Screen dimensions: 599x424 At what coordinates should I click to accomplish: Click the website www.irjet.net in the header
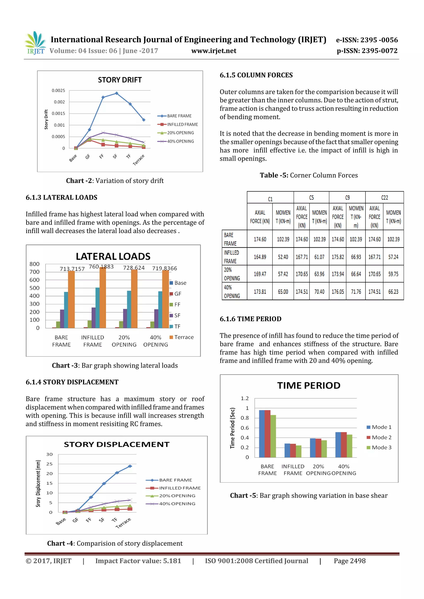coord(214,51)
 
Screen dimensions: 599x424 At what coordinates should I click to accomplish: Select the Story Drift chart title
coord(120,80)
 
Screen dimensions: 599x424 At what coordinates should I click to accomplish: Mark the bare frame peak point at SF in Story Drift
coord(117,93)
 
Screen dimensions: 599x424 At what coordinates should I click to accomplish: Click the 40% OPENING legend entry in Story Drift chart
coord(180,141)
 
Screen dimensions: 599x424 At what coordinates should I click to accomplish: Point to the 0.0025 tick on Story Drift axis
coord(58,91)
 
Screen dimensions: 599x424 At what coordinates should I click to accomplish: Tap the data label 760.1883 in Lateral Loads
coord(101,267)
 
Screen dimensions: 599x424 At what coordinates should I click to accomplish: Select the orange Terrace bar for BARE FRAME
coord(71,299)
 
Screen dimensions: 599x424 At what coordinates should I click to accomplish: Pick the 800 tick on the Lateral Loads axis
coord(35,264)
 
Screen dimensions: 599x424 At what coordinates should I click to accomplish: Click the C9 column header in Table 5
coord(347,198)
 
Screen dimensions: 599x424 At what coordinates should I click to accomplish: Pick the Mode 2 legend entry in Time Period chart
coord(381,437)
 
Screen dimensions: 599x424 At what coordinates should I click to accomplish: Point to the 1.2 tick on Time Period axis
coord(245,398)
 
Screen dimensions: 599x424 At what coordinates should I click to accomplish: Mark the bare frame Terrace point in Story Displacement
coord(130,466)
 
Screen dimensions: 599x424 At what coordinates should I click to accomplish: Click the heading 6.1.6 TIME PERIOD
coord(250,319)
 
